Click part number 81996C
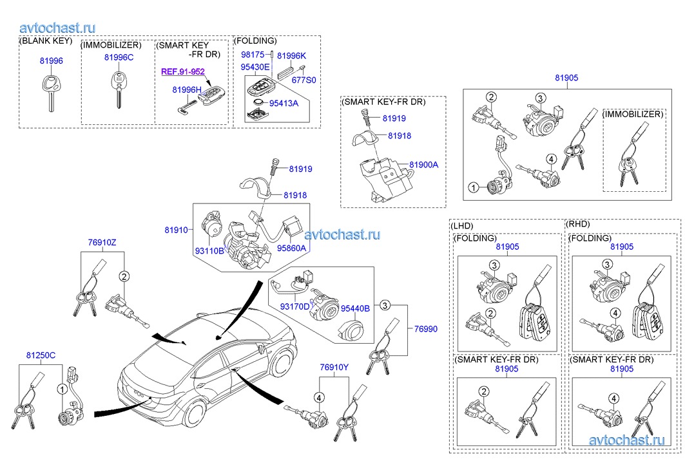tap(119, 58)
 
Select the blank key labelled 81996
tap(50, 91)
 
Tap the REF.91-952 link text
tap(182, 72)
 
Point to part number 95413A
tap(284, 102)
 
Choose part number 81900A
tap(424, 165)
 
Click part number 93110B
tap(210, 250)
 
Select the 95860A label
tap(292, 248)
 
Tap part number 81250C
tap(41, 355)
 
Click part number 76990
tap(425, 328)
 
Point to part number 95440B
tap(355, 308)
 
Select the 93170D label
tap(294, 307)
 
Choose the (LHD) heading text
tap(462, 226)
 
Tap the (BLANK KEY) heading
tap(46, 41)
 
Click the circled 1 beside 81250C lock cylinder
tap(63, 389)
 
